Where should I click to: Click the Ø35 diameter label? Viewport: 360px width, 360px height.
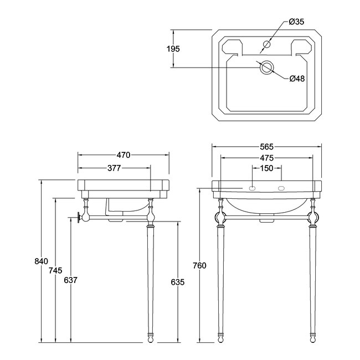[296, 22]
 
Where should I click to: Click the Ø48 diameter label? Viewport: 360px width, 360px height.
[297, 79]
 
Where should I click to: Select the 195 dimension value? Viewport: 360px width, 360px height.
[173, 49]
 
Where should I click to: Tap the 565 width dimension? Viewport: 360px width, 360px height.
[267, 146]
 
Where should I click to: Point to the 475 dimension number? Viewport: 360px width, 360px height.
[267, 158]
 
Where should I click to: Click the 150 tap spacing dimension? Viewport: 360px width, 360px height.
[267, 168]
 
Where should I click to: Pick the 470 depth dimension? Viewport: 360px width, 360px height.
[124, 155]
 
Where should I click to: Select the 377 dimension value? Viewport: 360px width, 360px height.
[114, 168]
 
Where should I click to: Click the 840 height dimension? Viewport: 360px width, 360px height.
[42, 261]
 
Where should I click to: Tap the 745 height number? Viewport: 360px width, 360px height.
[55, 271]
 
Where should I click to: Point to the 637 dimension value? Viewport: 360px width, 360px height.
[70, 280]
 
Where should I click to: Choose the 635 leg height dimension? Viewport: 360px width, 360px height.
[178, 282]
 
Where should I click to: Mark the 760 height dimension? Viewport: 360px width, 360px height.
[199, 266]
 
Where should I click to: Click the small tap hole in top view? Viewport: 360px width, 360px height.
[267, 44]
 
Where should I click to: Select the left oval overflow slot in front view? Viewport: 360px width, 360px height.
[253, 188]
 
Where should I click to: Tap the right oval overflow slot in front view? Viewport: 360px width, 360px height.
[281, 188]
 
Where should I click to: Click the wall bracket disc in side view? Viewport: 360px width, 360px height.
[79, 218]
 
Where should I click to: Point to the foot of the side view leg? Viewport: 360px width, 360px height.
[151, 339]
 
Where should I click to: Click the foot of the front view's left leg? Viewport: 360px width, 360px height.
[220, 339]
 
